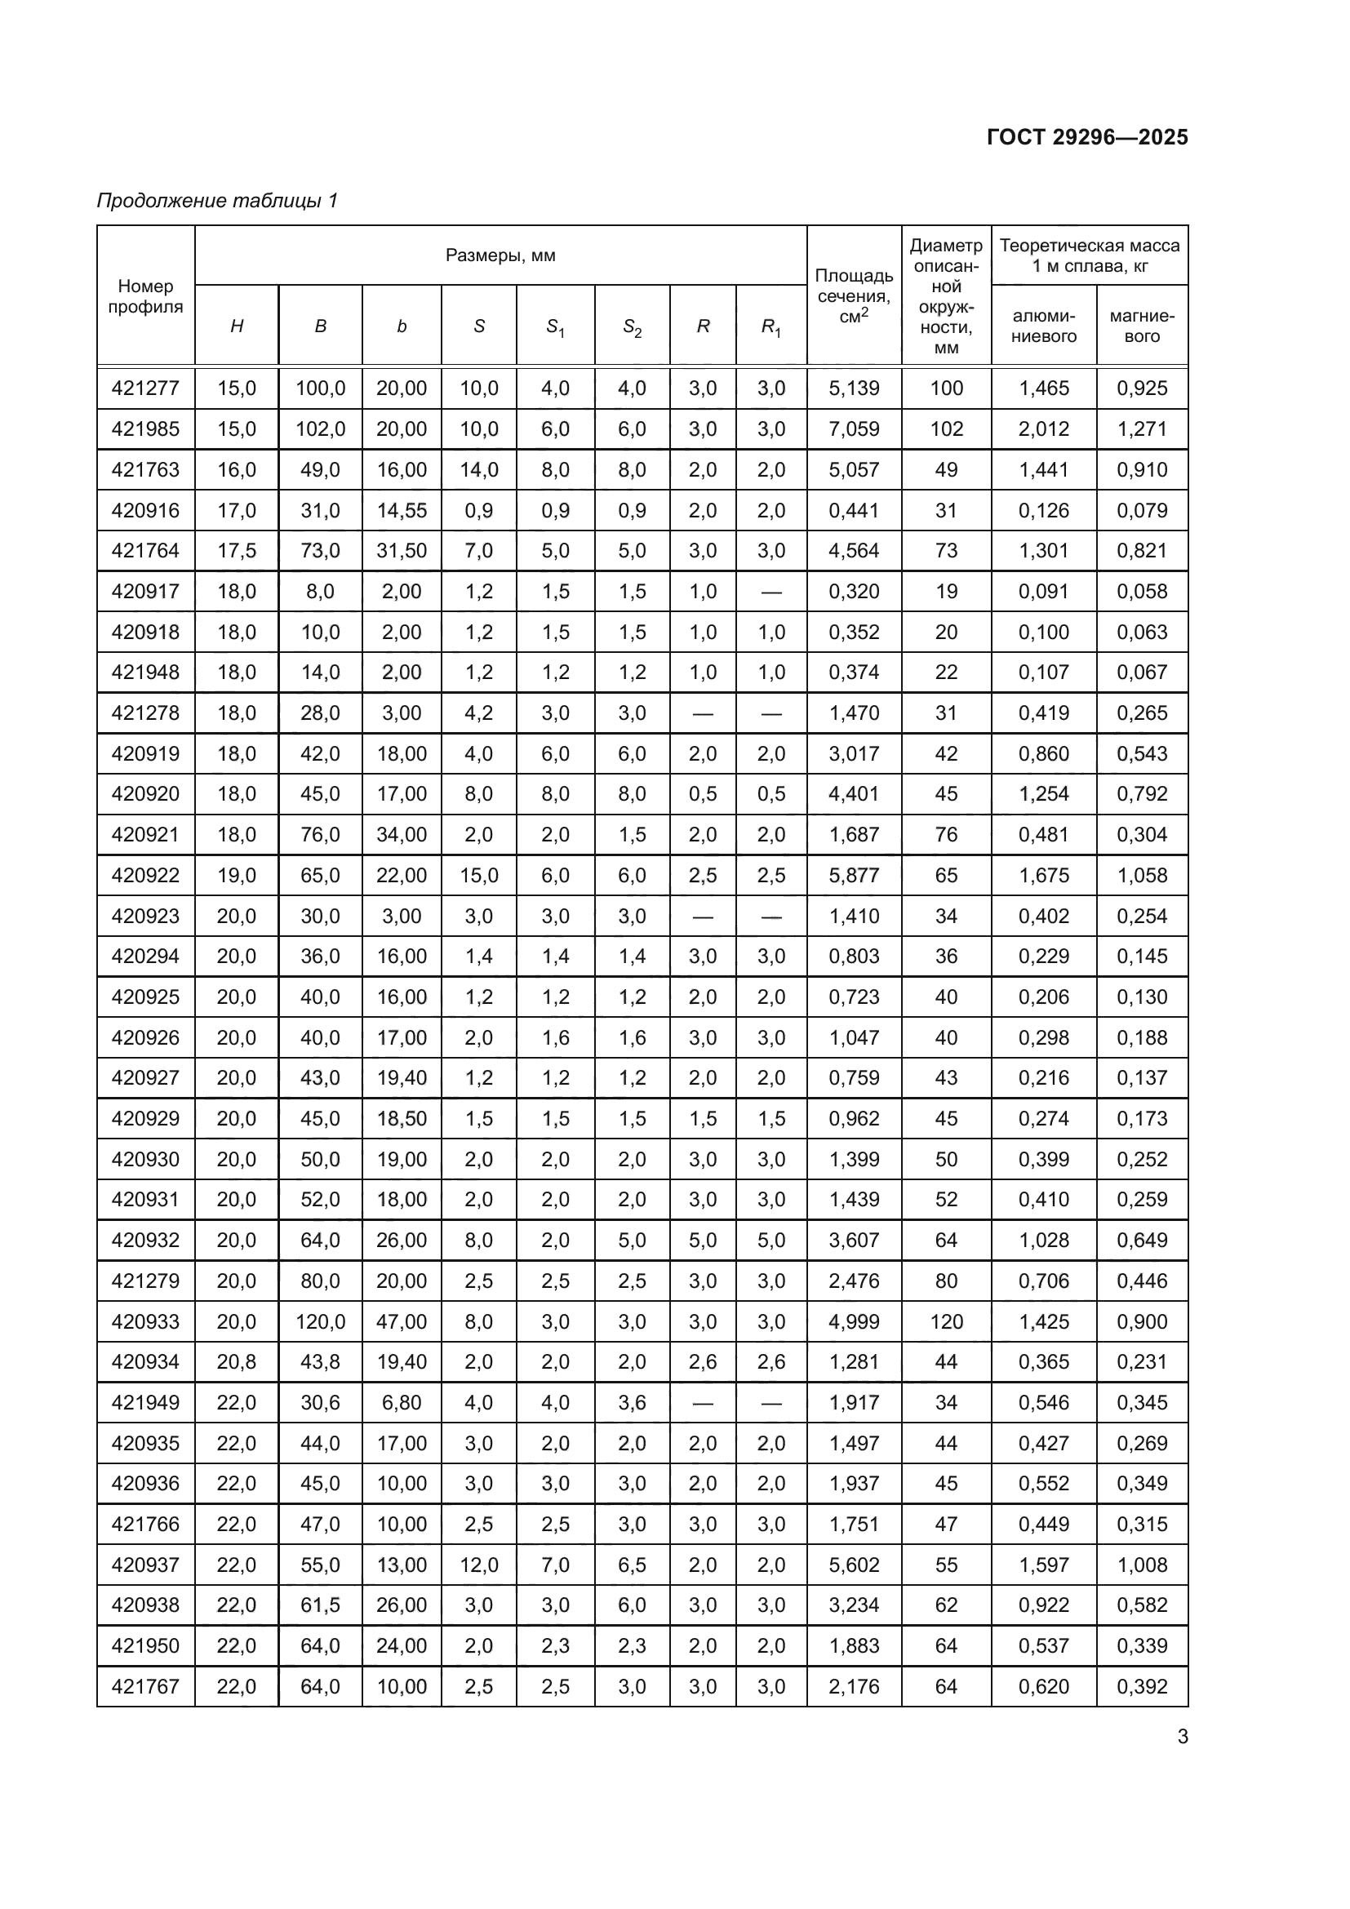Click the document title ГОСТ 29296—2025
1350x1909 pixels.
click(x=1086, y=137)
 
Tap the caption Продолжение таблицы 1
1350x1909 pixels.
click(x=217, y=201)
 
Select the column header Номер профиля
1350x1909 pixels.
click(x=145, y=296)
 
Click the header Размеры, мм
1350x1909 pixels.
click(x=500, y=255)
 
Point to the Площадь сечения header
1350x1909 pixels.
click(x=854, y=296)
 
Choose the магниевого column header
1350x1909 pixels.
click(x=1141, y=326)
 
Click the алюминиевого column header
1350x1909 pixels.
click(x=1043, y=326)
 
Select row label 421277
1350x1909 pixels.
click(x=145, y=388)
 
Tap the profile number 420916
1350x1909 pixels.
click(x=145, y=510)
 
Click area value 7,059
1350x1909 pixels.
click(x=854, y=429)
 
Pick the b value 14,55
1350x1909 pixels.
click(x=402, y=510)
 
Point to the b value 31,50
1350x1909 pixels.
click(x=402, y=550)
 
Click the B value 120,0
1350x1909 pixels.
click(x=320, y=1322)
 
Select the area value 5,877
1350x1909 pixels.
click(x=854, y=876)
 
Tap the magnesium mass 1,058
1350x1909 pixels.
click(x=1141, y=876)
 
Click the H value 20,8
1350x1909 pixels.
click(x=236, y=1362)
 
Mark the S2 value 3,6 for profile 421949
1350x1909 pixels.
click(x=632, y=1403)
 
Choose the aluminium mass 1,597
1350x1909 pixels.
click(x=1043, y=1565)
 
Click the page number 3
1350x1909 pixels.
click(x=1182, y=1737)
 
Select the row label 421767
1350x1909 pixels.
click(x=145, y=1687)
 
